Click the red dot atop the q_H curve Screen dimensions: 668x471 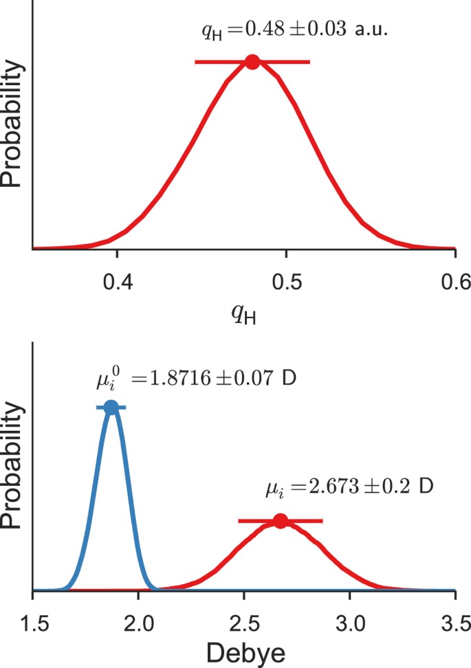(252, 62)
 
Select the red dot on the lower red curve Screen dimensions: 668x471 (280, 521)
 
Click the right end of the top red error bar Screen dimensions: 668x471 (309, 62)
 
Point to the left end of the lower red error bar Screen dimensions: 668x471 (239, 521)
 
